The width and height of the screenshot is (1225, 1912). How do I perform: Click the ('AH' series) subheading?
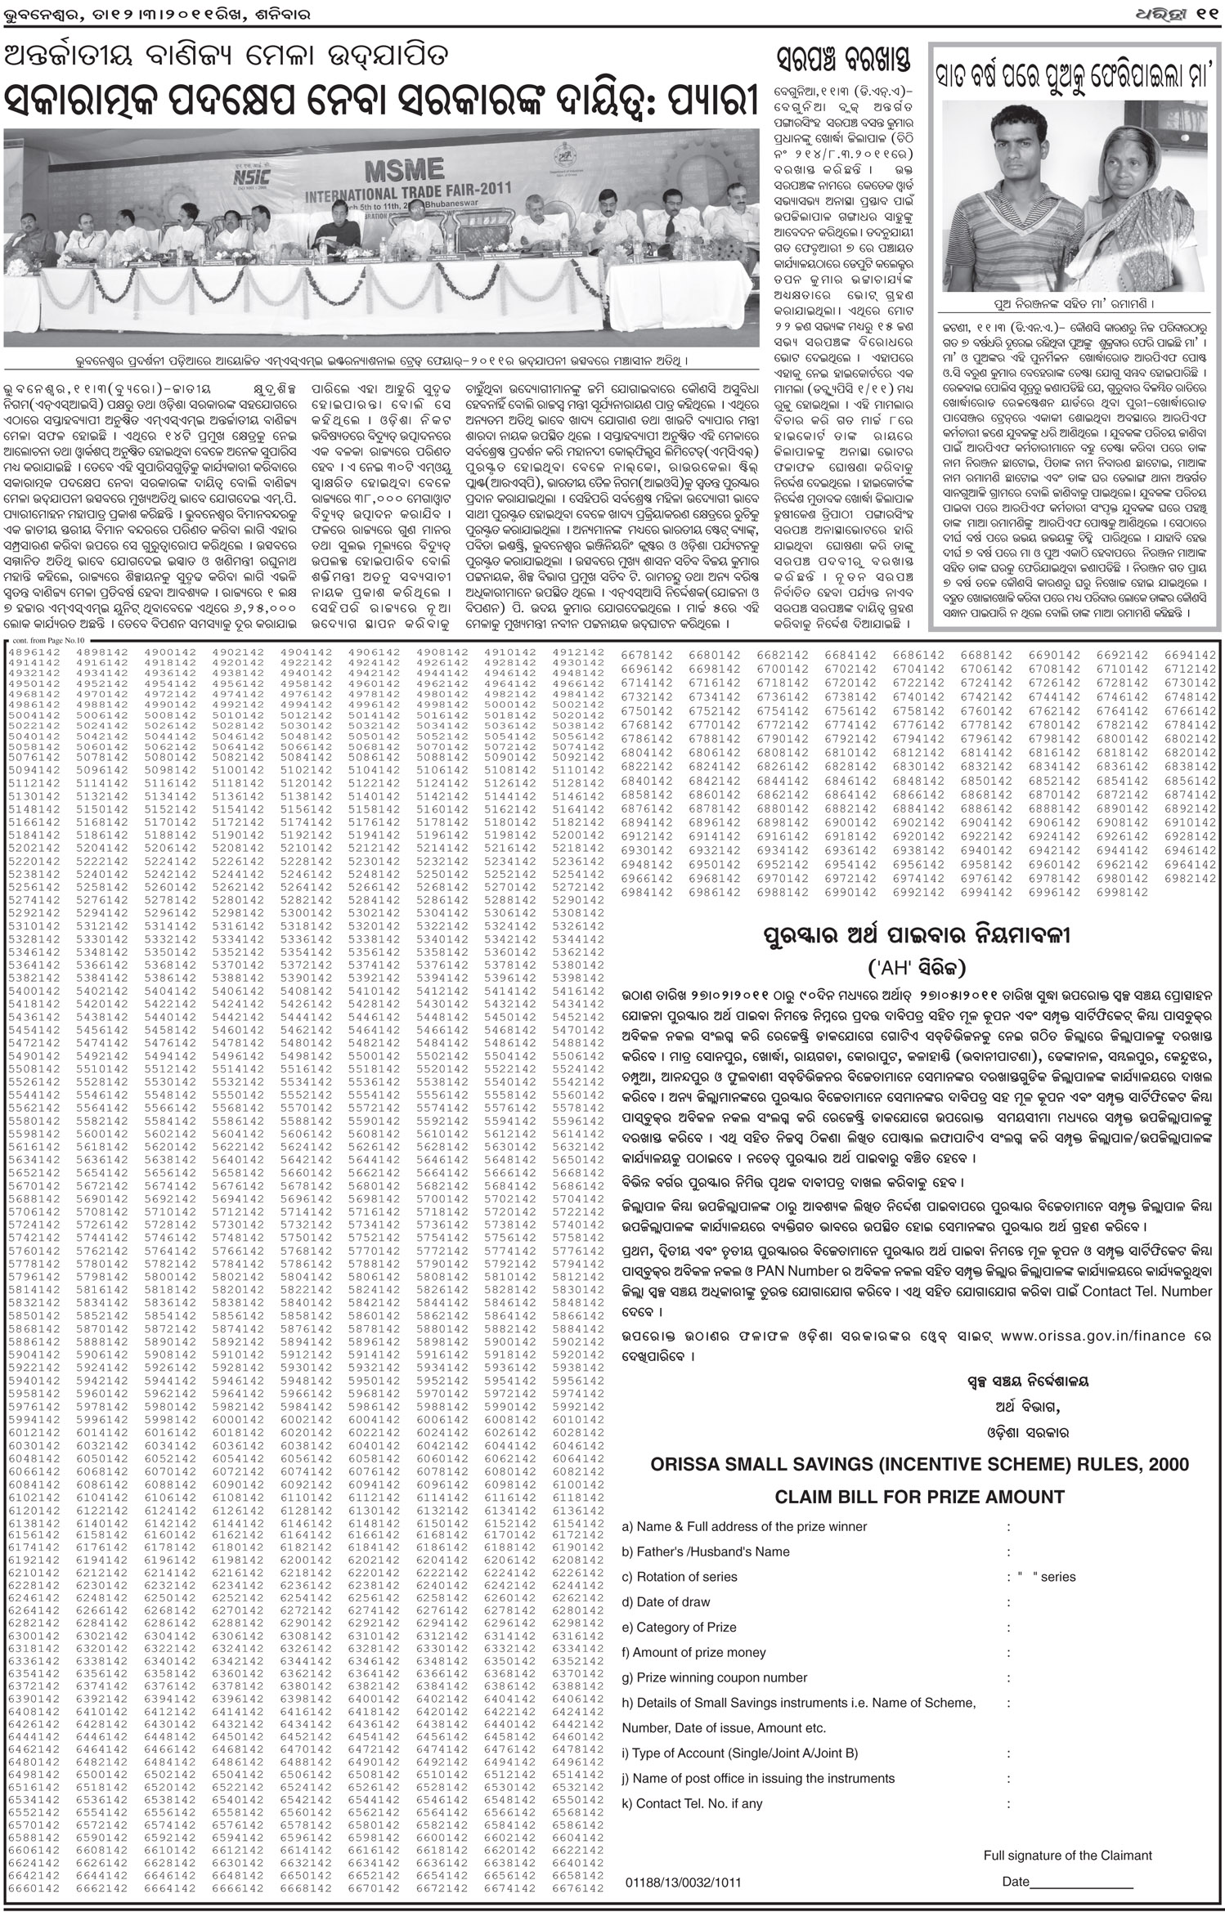pyautogui.click(x=918, y=968)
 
